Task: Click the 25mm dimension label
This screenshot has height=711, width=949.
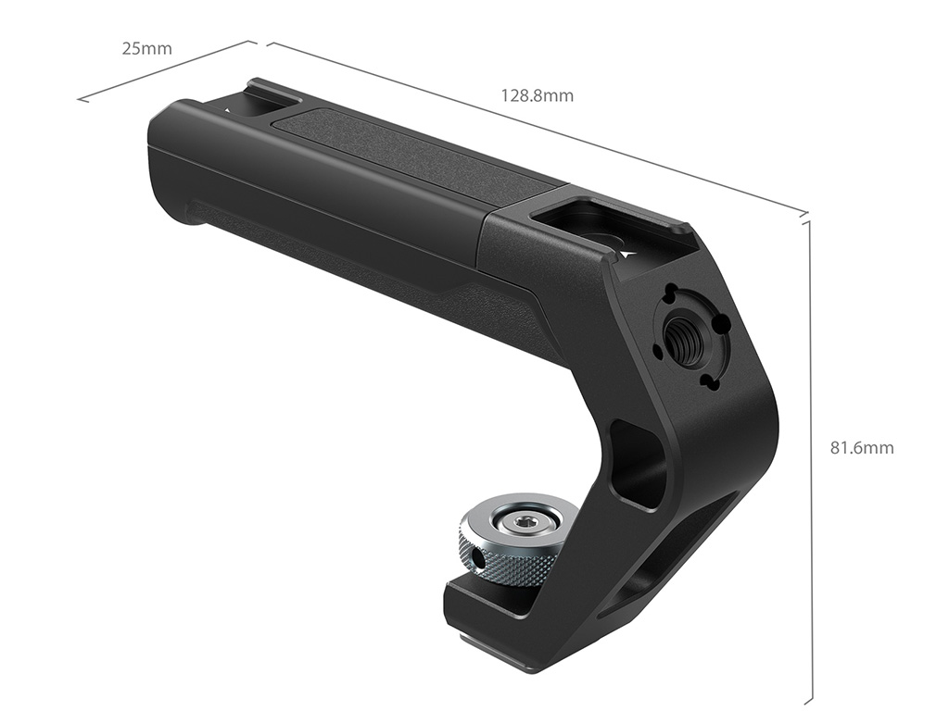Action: pos(146,48)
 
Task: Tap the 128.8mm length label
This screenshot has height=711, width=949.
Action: pos(537,95)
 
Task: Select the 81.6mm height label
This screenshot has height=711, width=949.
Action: pos(861,448)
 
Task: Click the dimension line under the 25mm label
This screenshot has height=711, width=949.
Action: pos(163,71)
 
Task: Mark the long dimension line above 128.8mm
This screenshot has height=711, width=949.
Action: pos(538,128)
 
